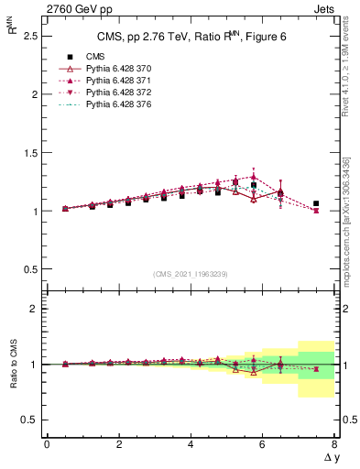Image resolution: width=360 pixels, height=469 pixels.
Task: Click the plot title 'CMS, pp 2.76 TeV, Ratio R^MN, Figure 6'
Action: click(x=191, y=37)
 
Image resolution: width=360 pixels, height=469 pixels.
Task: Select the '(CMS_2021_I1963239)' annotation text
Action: click(x=191, y=274)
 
